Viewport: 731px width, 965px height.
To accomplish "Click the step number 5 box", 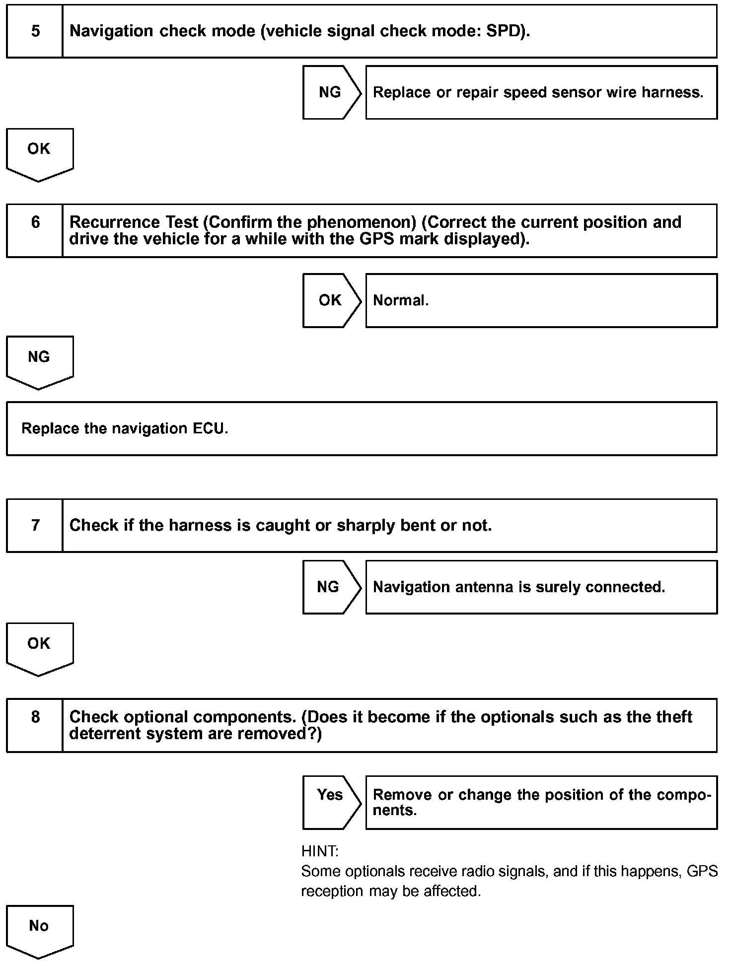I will coord(35,31).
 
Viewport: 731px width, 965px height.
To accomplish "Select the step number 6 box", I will coord(35,230).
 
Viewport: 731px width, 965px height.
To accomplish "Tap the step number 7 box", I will coord(35,525).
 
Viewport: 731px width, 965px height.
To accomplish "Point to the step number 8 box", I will coord(35,725).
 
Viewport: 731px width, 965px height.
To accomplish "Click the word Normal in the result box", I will coord(400,300).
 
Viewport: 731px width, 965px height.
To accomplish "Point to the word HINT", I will coord(320,852).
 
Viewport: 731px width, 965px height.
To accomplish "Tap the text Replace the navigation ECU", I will coord(125,428).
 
